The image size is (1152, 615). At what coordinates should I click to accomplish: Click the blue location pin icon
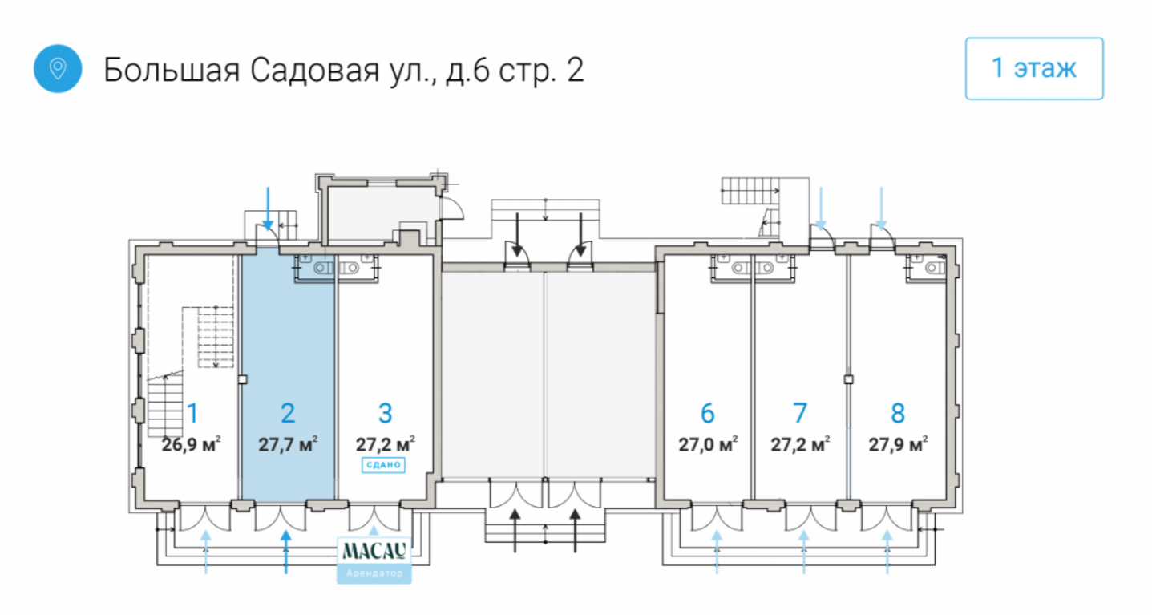point(57,69)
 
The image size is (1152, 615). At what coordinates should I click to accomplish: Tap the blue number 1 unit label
point(192,413)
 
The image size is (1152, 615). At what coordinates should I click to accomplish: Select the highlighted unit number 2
point(288,413)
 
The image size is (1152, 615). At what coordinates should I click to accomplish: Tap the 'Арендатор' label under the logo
point(375,574)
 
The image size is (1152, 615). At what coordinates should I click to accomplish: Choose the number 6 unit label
point(707,413)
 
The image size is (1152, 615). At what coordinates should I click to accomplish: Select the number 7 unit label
point(799,413)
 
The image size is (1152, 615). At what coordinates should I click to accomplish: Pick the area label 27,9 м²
point(898,443)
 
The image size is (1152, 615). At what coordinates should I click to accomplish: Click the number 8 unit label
point(898,413)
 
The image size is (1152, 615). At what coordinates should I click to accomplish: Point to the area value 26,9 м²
point(192,443)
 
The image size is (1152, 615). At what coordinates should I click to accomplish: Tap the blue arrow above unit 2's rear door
point(269,208)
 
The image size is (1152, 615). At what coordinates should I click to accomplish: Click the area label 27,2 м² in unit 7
point(800,443)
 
